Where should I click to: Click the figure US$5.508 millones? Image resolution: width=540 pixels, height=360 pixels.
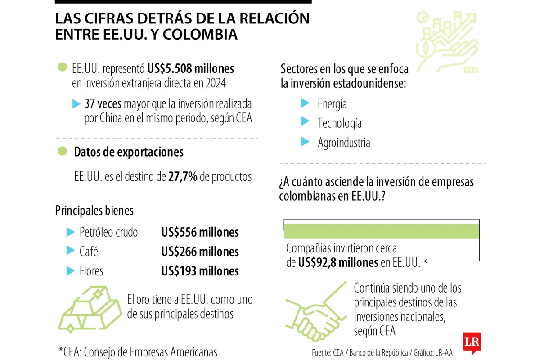click(x=190, y=69)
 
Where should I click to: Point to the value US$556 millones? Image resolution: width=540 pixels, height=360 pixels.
click(x=200, y=232)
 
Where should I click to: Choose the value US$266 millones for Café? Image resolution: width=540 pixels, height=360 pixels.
click(x=200, y=252)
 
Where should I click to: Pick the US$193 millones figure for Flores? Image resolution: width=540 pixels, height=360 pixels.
click(x=200, y=271)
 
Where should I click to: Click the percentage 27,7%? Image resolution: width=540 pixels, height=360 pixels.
click(x=183, y=177)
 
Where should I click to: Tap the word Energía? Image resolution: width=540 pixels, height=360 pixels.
click(x=332, y=104)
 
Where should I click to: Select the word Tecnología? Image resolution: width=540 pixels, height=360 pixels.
click(x=339, y=123)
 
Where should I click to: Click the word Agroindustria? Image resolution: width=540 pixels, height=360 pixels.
click(x=344, y=143)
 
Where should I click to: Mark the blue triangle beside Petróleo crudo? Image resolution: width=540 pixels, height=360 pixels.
click(x=70, y=232)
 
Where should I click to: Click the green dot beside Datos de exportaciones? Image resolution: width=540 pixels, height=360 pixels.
click(x=62, y=151)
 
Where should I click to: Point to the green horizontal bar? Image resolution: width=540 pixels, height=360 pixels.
click(x=381, y=231)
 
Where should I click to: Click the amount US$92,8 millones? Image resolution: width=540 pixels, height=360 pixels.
click(x=338, y=262)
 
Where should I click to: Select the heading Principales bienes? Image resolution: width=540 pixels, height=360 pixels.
click(x=94, y=210)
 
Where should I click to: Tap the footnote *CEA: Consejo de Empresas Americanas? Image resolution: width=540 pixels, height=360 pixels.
click(x=138, y=351)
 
